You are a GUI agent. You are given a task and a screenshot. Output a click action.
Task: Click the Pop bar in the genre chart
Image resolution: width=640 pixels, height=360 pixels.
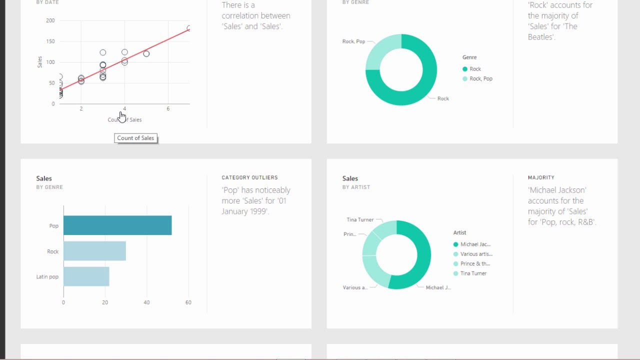(117, 225)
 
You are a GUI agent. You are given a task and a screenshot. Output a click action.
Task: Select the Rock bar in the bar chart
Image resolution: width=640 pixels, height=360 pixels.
(94, 251)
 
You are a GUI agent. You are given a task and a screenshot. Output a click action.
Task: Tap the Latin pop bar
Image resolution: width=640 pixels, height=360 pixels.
(86, 276)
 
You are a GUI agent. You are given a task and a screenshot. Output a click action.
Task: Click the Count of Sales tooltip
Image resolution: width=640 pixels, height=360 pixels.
(135, 138)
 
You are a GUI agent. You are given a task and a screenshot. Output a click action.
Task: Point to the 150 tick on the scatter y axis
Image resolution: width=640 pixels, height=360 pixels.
(50, 41)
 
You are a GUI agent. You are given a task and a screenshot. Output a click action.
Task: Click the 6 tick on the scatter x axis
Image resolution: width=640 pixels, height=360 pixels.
(168, 108)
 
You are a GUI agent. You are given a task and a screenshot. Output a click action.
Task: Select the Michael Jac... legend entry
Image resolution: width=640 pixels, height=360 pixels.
(475, 244)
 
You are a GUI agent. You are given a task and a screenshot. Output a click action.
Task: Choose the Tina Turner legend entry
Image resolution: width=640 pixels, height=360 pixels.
(473, 273)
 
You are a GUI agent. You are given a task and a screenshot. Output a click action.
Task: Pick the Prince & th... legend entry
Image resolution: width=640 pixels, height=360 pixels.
(475, 264)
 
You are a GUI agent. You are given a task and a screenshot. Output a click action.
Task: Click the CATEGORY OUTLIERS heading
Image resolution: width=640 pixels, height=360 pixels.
(249, 177)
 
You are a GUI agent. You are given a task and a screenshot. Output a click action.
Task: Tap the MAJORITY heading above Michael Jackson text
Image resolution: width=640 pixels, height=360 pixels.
(541, 177)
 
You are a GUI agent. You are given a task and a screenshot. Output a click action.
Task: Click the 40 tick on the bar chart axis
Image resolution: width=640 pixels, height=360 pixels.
(146, 302)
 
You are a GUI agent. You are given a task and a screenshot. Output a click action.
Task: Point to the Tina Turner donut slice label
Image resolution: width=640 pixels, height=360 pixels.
(360, 219)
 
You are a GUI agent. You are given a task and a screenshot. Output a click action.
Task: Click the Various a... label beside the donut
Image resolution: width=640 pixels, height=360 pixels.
(355, 287)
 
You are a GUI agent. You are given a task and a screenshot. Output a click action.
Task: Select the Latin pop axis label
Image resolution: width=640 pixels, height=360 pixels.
(47, 276)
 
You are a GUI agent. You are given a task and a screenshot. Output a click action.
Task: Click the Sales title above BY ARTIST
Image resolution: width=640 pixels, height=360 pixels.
(350, 178)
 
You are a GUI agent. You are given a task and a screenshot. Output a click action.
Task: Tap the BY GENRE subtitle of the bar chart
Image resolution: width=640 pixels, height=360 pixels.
(49, 187)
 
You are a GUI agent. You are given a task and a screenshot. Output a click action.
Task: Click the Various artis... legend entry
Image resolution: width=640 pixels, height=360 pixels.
(476, 254)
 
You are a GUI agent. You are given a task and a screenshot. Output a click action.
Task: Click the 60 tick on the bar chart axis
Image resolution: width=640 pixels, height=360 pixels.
(188, 302)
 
